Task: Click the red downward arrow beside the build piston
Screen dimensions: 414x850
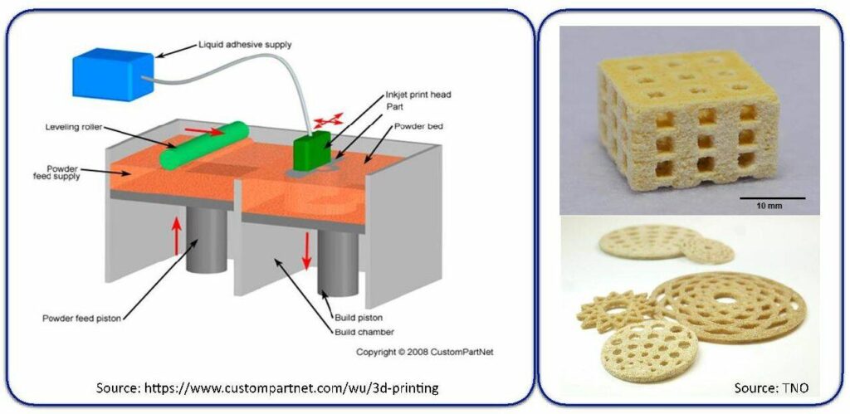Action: click(306, 251)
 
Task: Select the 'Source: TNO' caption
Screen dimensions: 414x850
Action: click(773, 387)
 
